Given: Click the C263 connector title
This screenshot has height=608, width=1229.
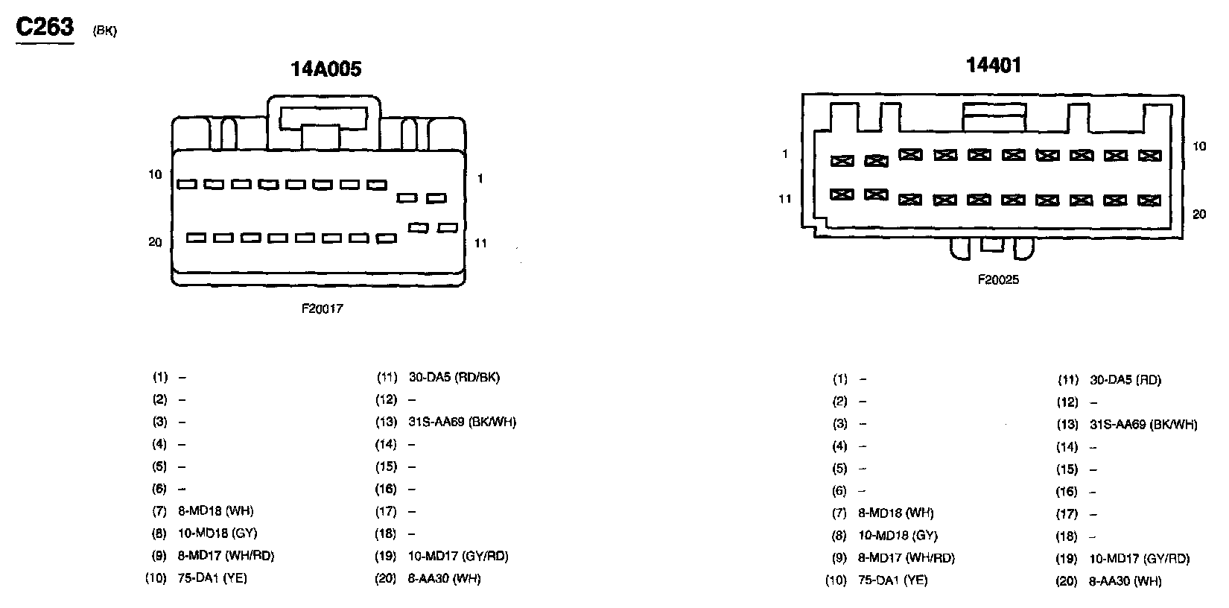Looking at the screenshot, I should pos(45,27).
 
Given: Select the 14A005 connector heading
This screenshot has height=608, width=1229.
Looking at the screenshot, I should pos(325,69).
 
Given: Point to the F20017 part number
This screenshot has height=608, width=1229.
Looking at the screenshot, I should pos(323,308).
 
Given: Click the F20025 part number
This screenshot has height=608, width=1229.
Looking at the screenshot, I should pos(998,280).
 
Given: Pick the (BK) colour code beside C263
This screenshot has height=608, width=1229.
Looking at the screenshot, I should pos(105,31).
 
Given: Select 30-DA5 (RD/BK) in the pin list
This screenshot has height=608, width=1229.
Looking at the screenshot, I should pos(454,377).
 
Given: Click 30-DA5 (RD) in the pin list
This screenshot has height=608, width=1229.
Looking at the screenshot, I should pos(1125,380).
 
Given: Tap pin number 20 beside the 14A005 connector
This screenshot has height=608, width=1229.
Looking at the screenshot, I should pos(155,242).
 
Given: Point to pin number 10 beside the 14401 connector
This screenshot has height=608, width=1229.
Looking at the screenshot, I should pos(1199,147).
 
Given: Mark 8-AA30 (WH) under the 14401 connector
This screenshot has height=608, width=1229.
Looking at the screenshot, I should pos(1125,581).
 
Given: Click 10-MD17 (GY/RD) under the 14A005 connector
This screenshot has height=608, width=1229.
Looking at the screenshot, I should pos(458,556).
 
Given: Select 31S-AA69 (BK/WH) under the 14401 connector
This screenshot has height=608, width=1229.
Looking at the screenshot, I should pos(1143,425).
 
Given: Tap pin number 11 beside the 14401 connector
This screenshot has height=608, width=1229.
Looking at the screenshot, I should pos(785,199).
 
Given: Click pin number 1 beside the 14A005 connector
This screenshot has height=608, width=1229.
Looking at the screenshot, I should pos(480,179).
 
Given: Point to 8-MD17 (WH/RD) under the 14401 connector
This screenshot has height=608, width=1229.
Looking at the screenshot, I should pos(906,558).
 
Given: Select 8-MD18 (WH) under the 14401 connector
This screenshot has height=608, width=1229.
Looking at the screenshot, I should pos(896,513).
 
